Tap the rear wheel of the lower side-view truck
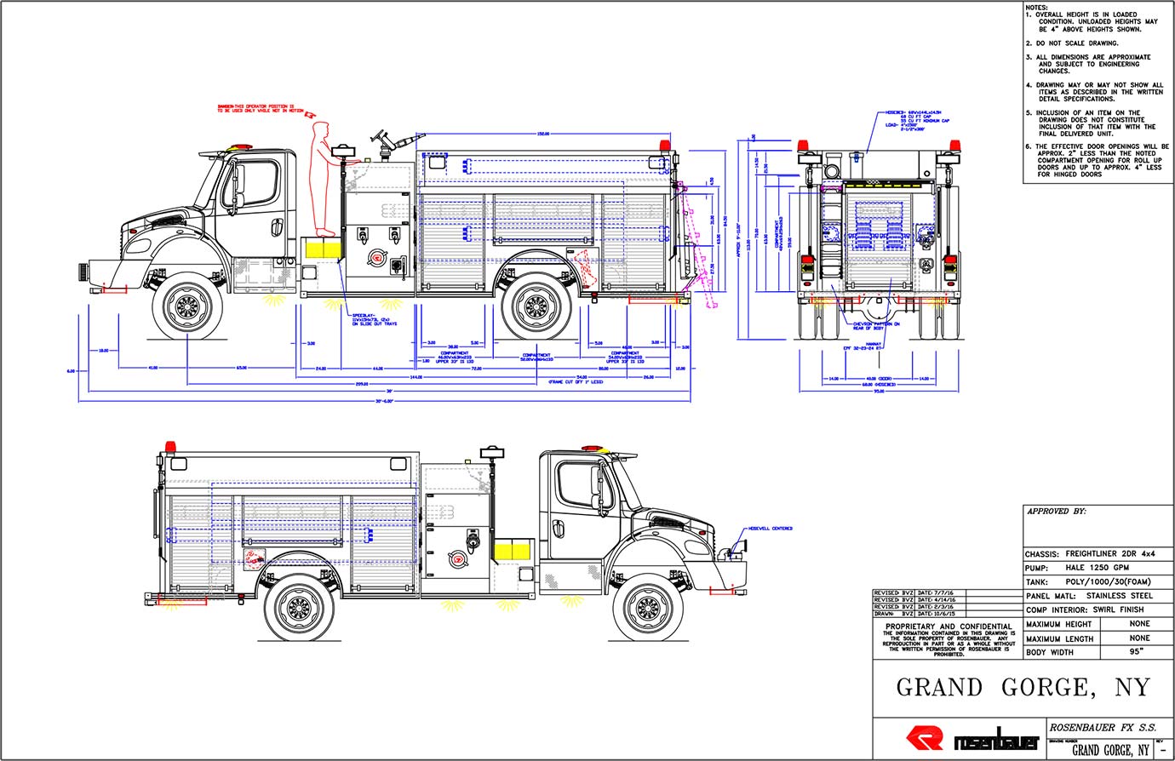tap(299, 607)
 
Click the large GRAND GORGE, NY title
tap(1023, 687)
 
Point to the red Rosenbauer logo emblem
tap(925, 738)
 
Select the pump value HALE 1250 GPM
tap(1098, 567)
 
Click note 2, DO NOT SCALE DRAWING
tap(1076, 43)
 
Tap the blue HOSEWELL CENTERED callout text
tap(770, 529)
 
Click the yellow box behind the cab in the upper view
tap(324, 248)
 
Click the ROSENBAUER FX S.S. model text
tap(1096, 728)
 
